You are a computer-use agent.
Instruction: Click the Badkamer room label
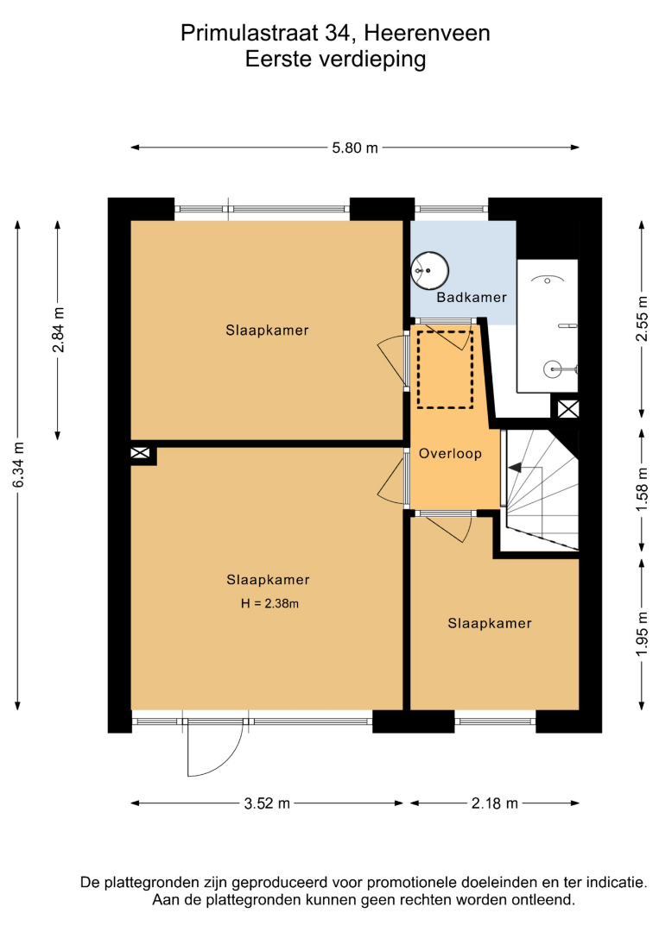pos(472,297)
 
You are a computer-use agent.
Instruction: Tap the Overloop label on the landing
pos(450,454)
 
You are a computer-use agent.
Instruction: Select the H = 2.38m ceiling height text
pos(269,603)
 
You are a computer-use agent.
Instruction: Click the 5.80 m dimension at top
pos(355,148)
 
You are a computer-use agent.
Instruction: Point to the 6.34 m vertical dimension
pos(18,465)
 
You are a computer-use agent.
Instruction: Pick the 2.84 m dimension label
pos(58,330)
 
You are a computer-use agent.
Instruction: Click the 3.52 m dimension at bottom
pos(267,803)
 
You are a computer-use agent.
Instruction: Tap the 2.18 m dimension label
pos(495,803)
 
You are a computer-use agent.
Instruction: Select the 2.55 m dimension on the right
pos(642,318)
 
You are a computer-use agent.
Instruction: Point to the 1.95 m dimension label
pos(642,634)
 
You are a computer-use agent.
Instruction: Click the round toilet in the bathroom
pos(429,270)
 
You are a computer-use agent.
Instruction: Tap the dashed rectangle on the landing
pos(445,369)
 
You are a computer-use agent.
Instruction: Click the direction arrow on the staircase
pos(515,468)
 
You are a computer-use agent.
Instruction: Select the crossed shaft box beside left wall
pos(141,454)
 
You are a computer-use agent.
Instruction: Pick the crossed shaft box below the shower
pos(568,409)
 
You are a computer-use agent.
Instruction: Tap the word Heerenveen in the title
pos(427,34)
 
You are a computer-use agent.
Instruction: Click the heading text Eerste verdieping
pos(335,60)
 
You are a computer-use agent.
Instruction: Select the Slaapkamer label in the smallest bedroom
pos(490,624)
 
